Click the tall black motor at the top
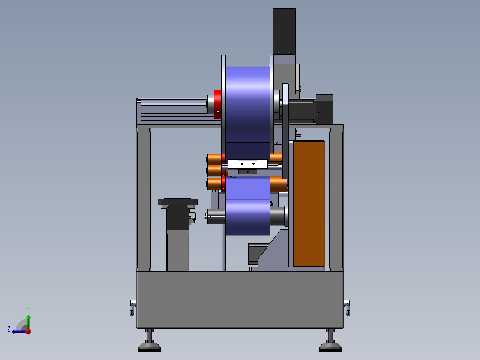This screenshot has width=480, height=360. click(x=284, y=31)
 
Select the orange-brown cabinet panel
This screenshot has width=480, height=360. click(x=309, y=204)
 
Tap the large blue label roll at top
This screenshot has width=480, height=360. click(x=248, y=104)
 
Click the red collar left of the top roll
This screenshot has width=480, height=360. click(x=217, y=104)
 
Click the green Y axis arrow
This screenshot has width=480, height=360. click(x=28, y=322)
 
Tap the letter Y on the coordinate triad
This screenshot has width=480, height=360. click(x=28, y=310)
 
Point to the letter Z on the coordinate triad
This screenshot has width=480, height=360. click(x=9, y=329)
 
